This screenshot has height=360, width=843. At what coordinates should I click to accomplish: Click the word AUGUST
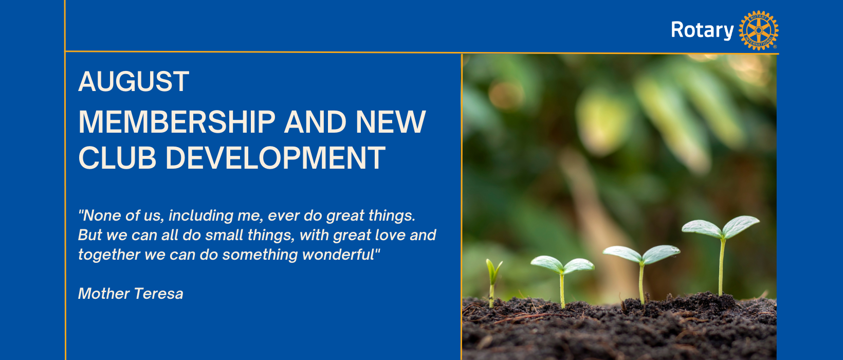tap(134, 81)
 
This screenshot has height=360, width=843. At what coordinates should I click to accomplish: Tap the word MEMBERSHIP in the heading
tap(177, 122)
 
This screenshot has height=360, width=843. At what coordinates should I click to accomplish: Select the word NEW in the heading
tap(390, 122)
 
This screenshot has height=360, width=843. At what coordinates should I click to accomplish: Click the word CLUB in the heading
tap(117, 158)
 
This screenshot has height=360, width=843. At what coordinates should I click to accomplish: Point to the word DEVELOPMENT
tap(276, 158)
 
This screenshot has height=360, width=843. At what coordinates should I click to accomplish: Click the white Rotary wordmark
tap(702, 30)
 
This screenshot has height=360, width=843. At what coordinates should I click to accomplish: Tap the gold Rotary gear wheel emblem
tap(758, 30)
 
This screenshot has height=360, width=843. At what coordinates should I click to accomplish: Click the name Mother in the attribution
tap(103, 293)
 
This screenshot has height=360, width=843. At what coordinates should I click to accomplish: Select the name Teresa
tap(158, 293)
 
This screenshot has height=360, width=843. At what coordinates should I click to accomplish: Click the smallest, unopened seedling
tap(492, 282)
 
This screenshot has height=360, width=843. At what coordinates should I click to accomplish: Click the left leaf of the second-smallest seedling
tap(547, 263)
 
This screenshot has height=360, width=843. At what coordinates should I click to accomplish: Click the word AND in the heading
tap(315, 122)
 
